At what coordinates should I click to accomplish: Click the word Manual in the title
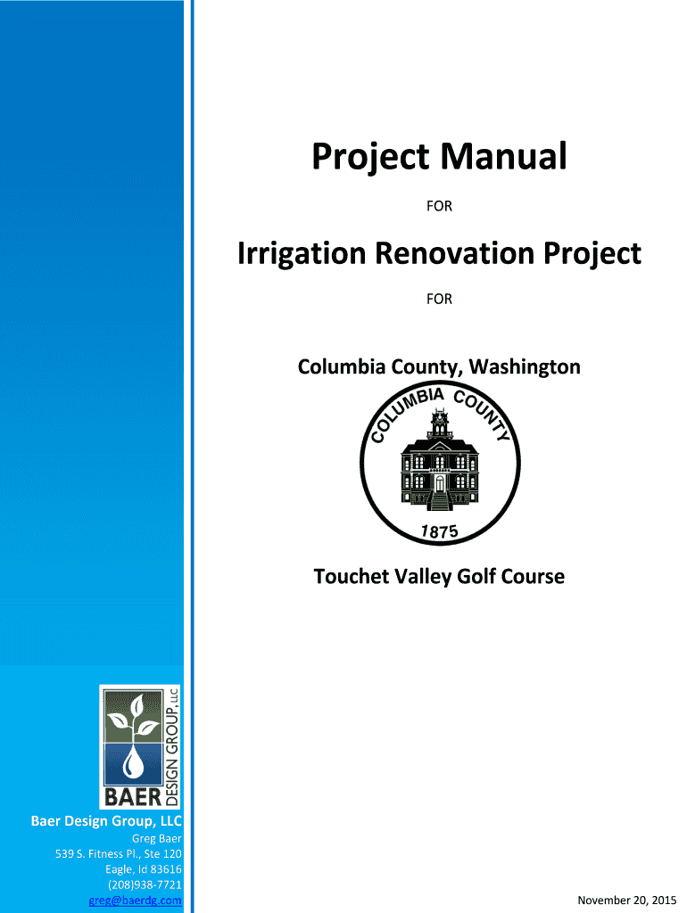(x=503, y=156)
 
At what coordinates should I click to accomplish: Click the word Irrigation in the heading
(x=302, y=253)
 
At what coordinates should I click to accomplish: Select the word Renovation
(x=454, y=253)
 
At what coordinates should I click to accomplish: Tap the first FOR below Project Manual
(x=439, y=206)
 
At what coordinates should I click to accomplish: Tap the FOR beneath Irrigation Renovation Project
(x=439, y=299)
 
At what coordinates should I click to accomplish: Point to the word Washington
(x=525, y=366)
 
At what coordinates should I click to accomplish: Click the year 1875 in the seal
(x=439, y=531)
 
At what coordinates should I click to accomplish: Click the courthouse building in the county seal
(x=440, y=461)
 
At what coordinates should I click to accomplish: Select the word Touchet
(x=352, y=577)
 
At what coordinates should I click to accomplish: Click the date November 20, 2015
(x=627, y=901)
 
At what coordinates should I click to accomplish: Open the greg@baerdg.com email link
(x=136, y=901)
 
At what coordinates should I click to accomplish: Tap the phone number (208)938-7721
(x=145, y=884)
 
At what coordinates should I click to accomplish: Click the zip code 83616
(x=166, y=869)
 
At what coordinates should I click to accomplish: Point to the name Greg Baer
(x=157, y=838)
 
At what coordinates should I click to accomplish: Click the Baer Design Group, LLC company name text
(x=106, y=821)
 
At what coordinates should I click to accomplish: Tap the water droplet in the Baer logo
(x=134, y=763)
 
